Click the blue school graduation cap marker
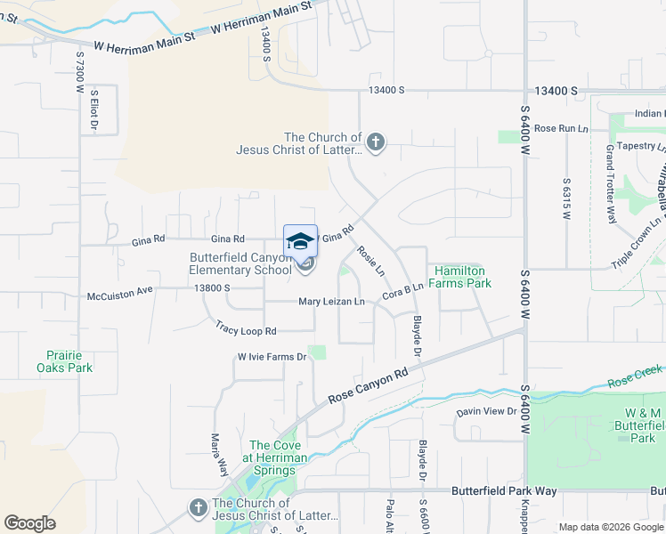(300, 240)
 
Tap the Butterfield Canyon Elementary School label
(240, 264)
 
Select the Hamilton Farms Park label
(462, 277)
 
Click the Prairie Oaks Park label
(64, 360)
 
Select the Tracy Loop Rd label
(246, 330)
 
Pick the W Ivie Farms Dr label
(272, 357)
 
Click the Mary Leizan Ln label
(331, 302)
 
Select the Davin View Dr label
(487, 411)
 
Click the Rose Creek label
(637, 375)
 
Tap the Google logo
(29, 523)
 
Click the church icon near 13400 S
(376, 142)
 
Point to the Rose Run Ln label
(562, 128)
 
